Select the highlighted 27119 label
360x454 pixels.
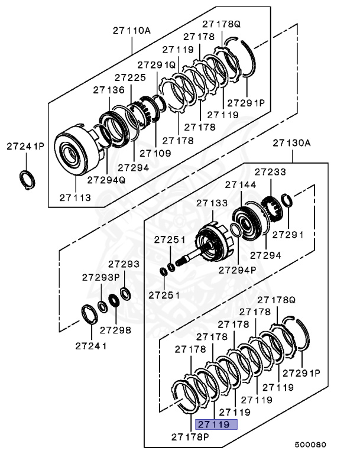pos(216,424)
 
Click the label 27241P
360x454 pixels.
pos(25,145)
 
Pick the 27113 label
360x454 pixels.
pos(75,197)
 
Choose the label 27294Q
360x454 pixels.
pos(106,180)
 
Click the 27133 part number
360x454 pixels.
pos(212,203)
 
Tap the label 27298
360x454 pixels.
pos(115,329)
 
